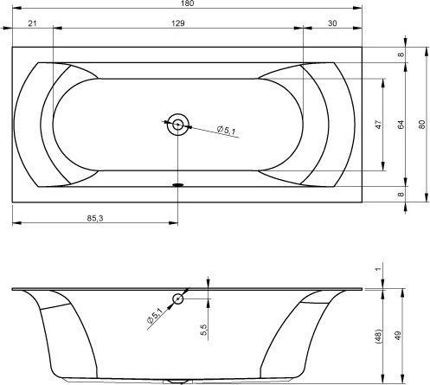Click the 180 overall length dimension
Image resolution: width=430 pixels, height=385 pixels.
(x=188, y=3)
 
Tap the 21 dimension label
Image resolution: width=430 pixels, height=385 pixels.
(x=32, y=23)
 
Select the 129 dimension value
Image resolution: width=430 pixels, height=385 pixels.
(x=178, y=23)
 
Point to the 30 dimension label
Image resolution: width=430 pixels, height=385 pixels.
(x=332, y=23)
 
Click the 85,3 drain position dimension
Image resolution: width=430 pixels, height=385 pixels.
(x=95, y=218)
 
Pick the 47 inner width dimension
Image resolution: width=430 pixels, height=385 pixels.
(x=378, y=125)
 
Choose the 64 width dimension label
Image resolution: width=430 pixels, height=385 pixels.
(x=401, y=125)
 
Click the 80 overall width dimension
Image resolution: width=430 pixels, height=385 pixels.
(x=421, y=125)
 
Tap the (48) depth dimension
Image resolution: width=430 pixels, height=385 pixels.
(x=378, y=336)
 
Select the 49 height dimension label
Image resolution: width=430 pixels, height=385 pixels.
(x=398, y=336)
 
